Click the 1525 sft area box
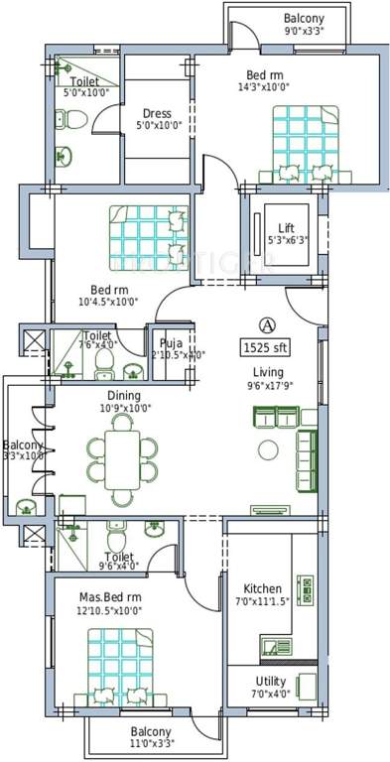(266, 348)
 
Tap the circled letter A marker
(266, 324)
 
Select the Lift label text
(286, 229)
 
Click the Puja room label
(171, 343)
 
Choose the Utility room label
(271, 682)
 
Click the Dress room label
(158, 113)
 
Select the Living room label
(266, 373)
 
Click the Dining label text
(125, 395)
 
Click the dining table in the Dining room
(125, 456)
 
